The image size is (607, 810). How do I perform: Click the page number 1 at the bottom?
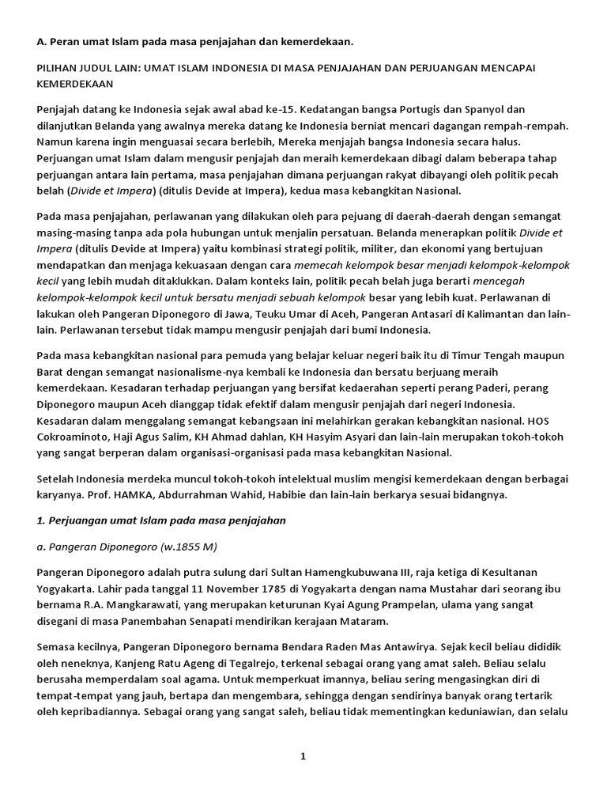click(x=302, y=756)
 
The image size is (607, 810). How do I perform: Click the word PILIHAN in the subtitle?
click(x=58, y=68)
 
